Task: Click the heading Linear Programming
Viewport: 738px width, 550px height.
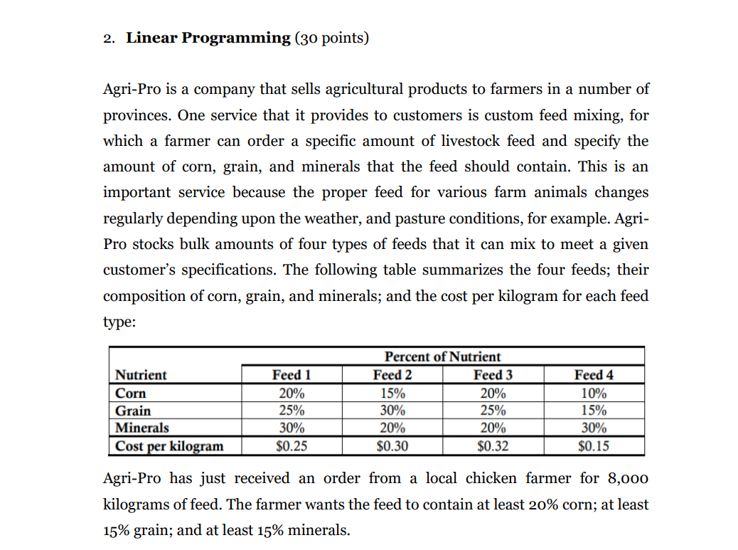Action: (x=208, y=38)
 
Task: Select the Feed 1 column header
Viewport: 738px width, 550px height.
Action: (x=292, y=375)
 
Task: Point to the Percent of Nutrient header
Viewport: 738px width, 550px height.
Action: (x=442, y=356)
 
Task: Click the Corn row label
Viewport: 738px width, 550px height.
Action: (x=131, y=393)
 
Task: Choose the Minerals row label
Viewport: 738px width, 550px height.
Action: (x=142, y=428)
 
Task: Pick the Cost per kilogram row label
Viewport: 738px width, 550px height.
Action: (x=169, y=446)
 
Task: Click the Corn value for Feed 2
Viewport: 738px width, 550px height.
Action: (x=392, y=393)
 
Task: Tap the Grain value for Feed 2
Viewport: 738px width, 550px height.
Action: (x=392, y=411)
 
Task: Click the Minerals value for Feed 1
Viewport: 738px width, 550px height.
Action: (x=292, y=428)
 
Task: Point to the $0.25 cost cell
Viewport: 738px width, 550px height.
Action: (x=292, y=446)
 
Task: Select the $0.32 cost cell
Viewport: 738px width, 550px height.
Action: (x=493, y=446)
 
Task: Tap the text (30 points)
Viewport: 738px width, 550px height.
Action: (x=331, y=38)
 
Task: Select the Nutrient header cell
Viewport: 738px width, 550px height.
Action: (x=141, y=375)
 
